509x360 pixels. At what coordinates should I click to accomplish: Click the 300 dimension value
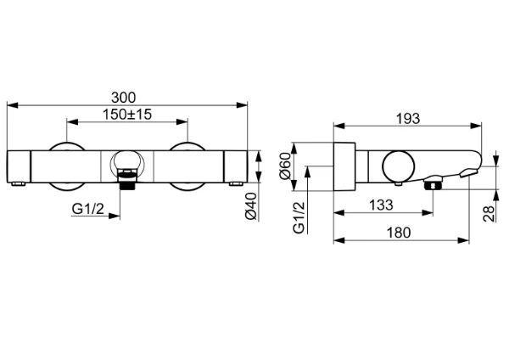pyautogui.click(x=123, y=98)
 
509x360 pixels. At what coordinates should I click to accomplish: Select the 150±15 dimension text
pyautogui.click(x=127, y=115)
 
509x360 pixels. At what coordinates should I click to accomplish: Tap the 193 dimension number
pyautogui.click(x=408, y=119)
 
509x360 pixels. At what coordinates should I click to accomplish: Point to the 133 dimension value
pyautogui.click(x=381, y=205)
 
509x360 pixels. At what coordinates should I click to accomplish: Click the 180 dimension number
pyautogui.click(x=399, y=233)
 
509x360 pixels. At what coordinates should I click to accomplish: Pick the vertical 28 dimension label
pyautogui.click(x=489, y=213)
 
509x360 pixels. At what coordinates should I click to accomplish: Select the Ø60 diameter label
pyautogui.click(x=285, y=166)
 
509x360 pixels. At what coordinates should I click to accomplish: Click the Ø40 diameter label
pyautogui.click(x=251, y=206)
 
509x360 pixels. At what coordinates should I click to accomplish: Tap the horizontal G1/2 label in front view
pyautogui.click(x=88, y=209)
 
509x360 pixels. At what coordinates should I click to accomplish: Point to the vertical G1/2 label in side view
pyautogui.click(x=299, y=217)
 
